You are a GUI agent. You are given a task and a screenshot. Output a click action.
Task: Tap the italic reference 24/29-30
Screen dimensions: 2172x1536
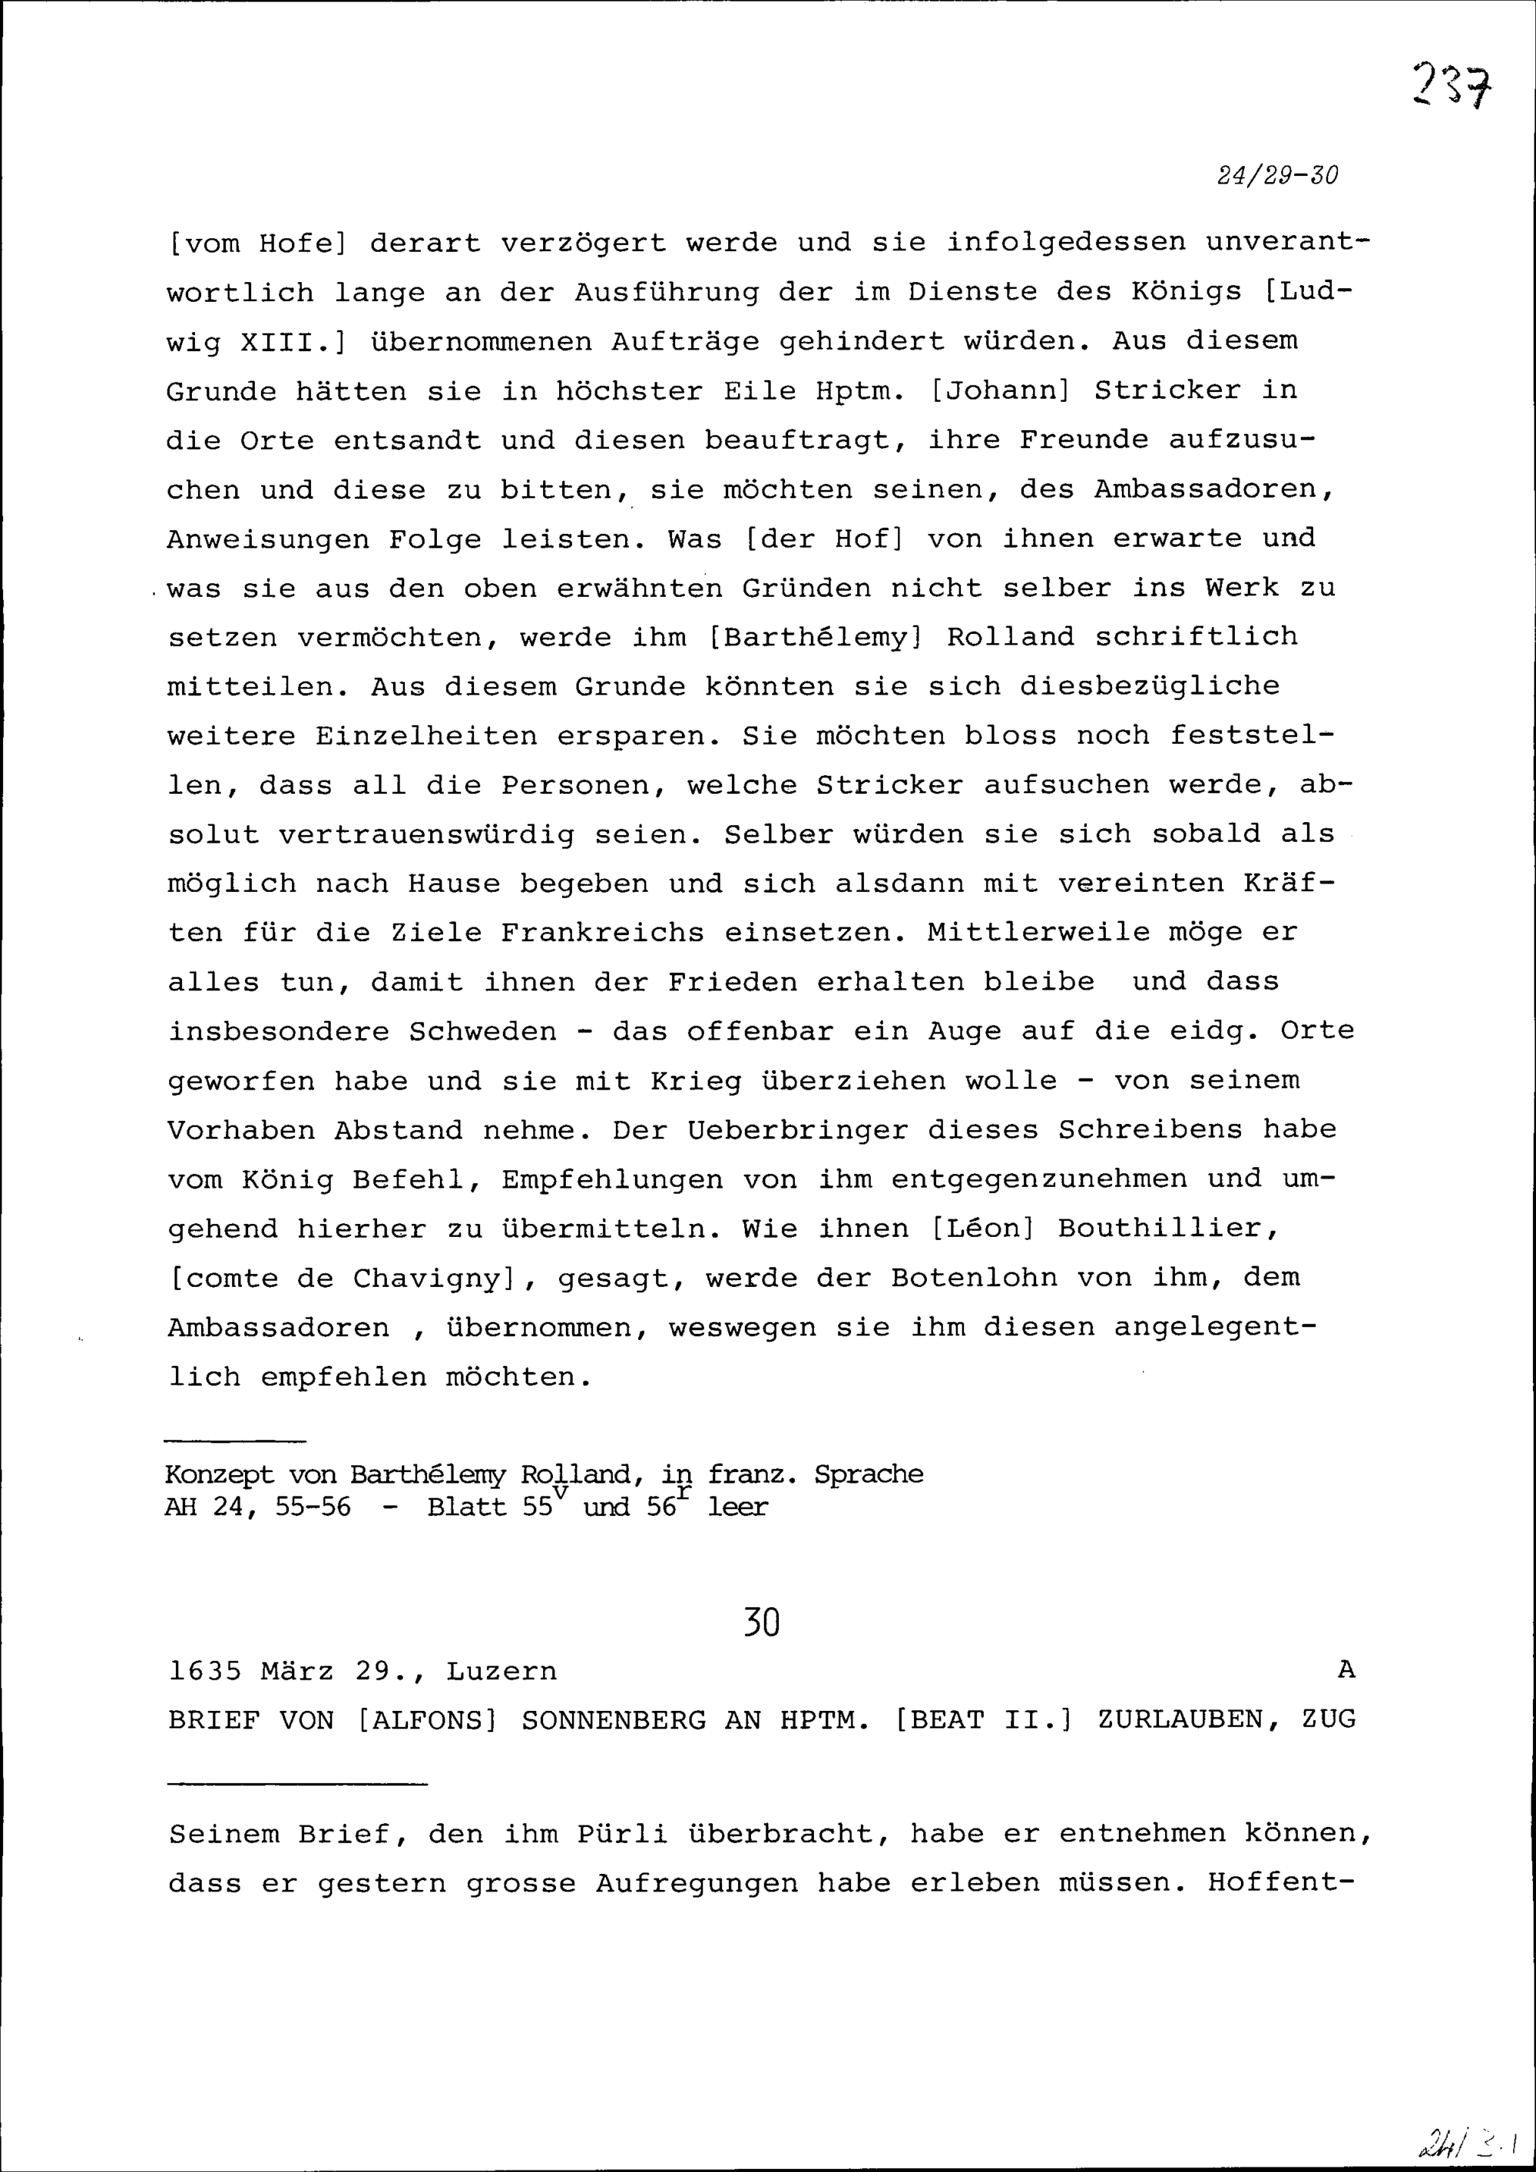point(1278,176)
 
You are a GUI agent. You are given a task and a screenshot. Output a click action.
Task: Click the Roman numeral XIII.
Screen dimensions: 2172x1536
point(286,341)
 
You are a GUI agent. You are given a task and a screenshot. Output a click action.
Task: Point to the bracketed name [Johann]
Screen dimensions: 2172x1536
point(1000,391)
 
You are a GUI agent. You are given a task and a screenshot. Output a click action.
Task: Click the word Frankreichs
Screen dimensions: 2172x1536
point(601,933)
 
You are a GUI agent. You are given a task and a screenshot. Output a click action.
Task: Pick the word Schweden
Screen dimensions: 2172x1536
point(482,1031)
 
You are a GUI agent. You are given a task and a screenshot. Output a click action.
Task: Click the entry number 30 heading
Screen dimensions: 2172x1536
point(760,1623)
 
